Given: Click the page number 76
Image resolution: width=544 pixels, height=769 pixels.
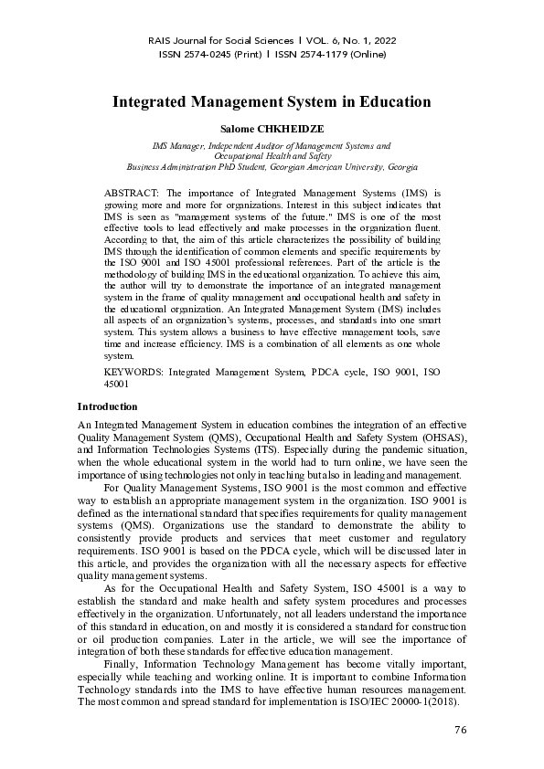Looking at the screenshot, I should tap(460, 731).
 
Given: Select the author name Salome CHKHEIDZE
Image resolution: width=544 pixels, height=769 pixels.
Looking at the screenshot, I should tap(272, 130).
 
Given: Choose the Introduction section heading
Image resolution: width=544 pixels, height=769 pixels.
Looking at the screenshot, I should tap(107, 406).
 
